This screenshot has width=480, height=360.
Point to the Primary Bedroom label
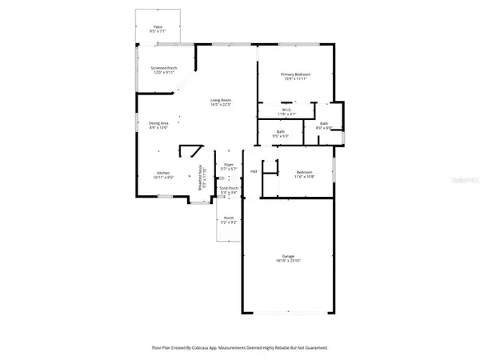coord(295,75)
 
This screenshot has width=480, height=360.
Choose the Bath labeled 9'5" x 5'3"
coord(280,134)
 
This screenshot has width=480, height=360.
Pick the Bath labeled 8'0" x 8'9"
coord(324,125)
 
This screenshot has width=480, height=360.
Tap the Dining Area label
coord(158,125)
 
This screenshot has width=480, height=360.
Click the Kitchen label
coord(163,174)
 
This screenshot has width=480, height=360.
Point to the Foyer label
coord(229,167)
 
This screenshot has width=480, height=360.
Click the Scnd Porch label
coord(229,190)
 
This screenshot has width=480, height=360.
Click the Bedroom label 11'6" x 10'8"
coord(304,174)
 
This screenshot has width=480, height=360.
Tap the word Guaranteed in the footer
coord(314,348)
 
